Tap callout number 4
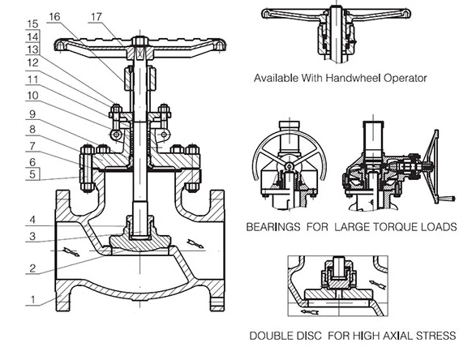(x=32, y=219)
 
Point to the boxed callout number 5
(x=32, y=173)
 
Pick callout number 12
(x=32, y=63)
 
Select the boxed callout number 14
(x=32, y=36)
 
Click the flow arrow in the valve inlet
(x=71, y=252)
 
